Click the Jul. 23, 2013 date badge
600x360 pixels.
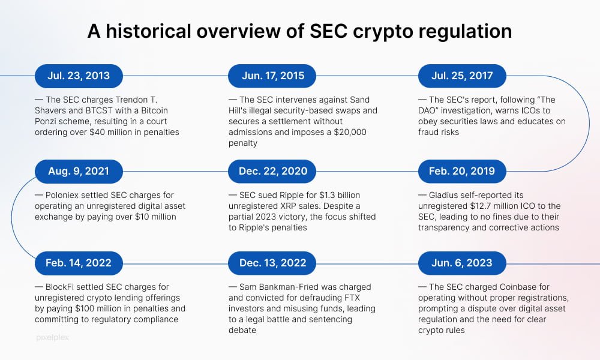tap(79, 76)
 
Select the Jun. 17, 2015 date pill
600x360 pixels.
tap(272, 76)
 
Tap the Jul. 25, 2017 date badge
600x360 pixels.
tap(462, 76)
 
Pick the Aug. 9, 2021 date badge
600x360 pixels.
tap(79, 172)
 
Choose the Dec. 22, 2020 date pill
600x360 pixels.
tap(272, 172)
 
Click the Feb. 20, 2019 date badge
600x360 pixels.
tap(462, 172)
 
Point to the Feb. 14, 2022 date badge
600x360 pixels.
tap(79, 263)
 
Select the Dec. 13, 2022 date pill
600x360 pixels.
tap(272, 263)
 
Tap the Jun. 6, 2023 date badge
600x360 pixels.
tap(462, 263)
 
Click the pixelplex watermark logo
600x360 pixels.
tap(52, 338)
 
